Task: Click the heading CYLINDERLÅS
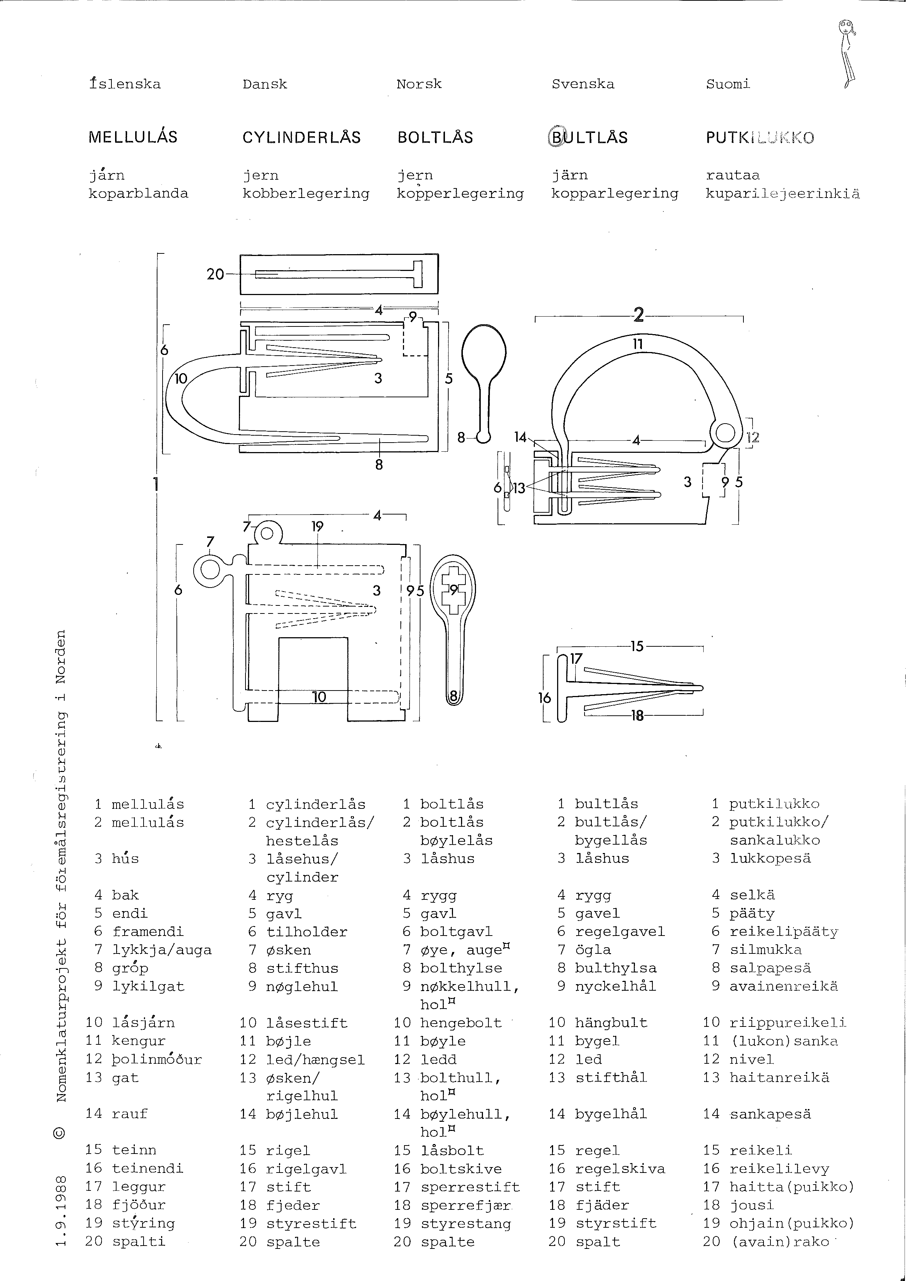(301, 137)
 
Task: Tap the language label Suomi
(728, 84)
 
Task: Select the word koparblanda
(138, 194)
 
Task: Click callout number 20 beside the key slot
(215, 274)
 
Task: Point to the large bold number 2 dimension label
(638, 316)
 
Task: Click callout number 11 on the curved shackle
(638, 344)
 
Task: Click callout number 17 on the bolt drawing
(576, 659)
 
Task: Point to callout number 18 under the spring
(637, 715)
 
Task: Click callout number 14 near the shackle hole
(520, 437)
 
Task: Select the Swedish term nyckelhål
(615, 986)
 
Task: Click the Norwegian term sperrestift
(470, 1187)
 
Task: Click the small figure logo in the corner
(848, 53)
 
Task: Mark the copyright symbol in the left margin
(61, 1133)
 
